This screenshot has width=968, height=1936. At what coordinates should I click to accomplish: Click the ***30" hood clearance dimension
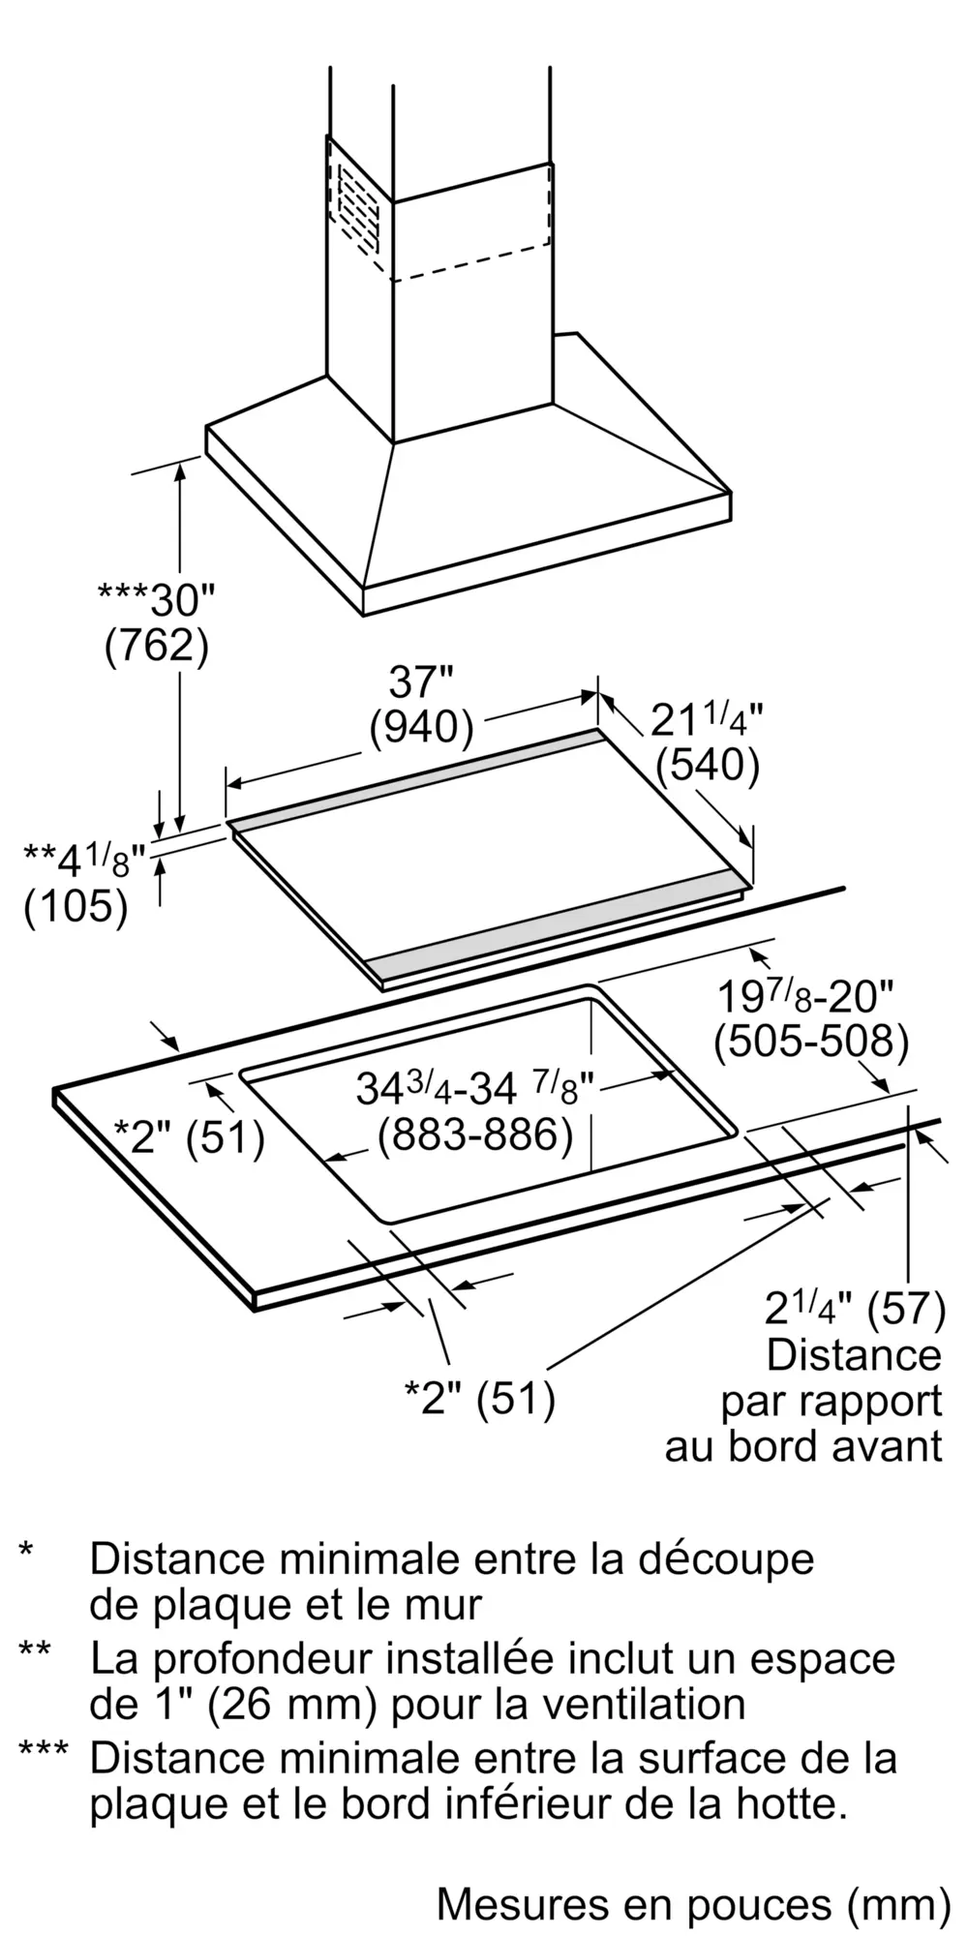(156, 600)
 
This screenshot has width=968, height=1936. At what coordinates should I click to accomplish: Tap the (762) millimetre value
(156, 647)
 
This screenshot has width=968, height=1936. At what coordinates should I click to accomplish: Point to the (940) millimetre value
(421, 728)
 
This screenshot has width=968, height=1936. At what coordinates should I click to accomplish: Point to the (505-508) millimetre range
(811, 1042)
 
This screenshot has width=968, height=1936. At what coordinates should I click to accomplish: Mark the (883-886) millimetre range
(474, 1134)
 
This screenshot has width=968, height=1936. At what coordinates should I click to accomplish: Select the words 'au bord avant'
(803, 1446)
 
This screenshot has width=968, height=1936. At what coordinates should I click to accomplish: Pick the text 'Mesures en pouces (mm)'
(693, 1904)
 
